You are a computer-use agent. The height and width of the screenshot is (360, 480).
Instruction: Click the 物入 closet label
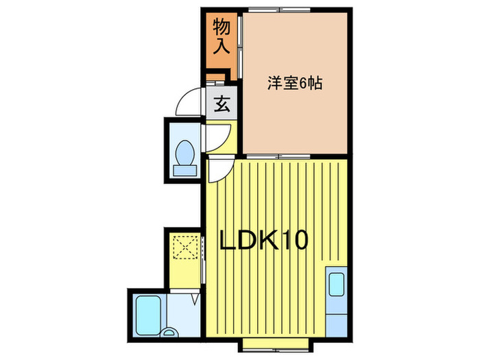tap(221, 38)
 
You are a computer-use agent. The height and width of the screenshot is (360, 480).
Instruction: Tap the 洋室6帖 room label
tap(295, 84)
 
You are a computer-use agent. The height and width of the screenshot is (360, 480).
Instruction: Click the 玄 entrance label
tap(221, 106)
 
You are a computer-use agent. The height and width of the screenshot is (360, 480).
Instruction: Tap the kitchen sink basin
tap(337, 284)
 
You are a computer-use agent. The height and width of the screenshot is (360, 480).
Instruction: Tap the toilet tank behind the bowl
tap(184, 168)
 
